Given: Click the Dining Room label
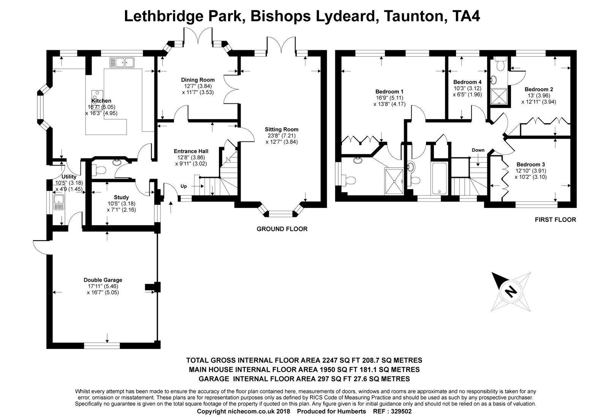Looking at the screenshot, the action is click(198, 80).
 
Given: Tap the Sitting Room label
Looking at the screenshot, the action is click(282, 129).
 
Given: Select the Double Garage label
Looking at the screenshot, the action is click(103, 280).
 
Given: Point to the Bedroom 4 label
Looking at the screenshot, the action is click(467, 82).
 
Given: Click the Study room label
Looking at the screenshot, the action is click(121, 197).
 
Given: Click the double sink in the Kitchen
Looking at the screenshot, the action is click(122, 62).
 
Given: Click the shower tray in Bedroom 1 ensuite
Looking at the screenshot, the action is click(394, 182).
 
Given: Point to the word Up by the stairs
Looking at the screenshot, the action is click(184, 186).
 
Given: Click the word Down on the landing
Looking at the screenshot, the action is click(478, 150).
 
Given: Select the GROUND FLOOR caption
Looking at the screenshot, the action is click(282, 229).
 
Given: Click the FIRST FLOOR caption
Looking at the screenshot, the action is click(555, 219).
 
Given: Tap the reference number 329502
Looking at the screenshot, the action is click(399, 411).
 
